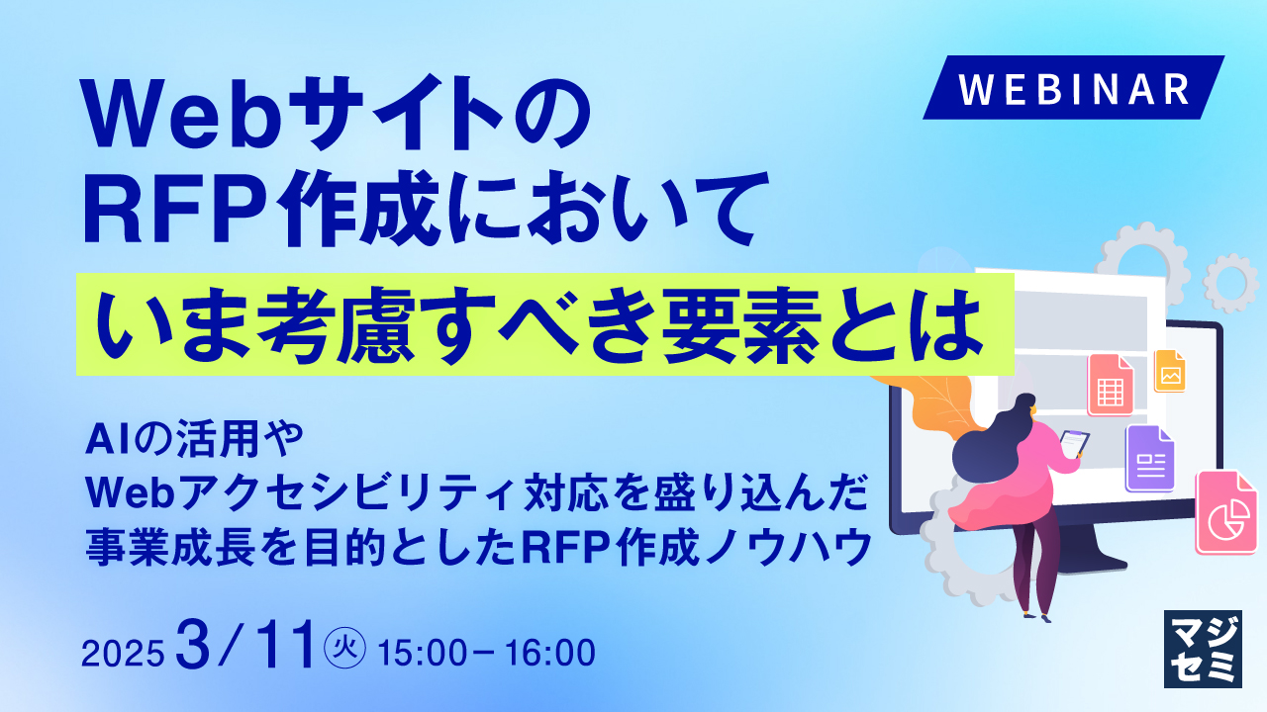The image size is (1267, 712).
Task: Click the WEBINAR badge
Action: tap(1074, 88)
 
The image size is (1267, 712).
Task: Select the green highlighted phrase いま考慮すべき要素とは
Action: tap(544, 324)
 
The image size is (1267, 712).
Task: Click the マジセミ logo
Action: tap(1202, 648)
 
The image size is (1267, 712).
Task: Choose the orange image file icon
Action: tap(1169, 372)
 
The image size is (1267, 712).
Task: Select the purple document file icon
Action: tap(1149, 458)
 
